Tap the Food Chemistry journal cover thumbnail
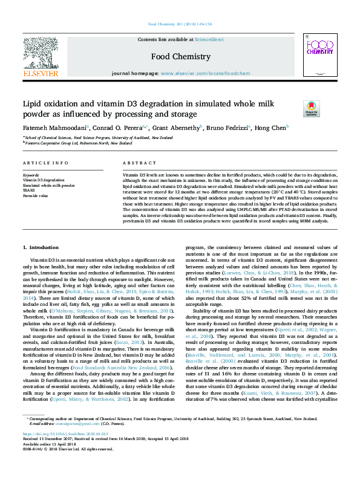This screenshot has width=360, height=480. (319, 55)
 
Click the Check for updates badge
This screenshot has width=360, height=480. (311, 109)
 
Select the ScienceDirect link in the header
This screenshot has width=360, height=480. (209, 39)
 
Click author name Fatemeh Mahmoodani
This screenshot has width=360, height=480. (54, 128)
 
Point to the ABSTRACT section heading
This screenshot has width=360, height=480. (135, 164)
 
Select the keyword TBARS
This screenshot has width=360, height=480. (29, 190)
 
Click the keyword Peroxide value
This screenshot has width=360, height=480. (35, 196)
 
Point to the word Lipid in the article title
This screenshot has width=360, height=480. (33, 104)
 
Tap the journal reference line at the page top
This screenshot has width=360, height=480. (180, 25)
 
